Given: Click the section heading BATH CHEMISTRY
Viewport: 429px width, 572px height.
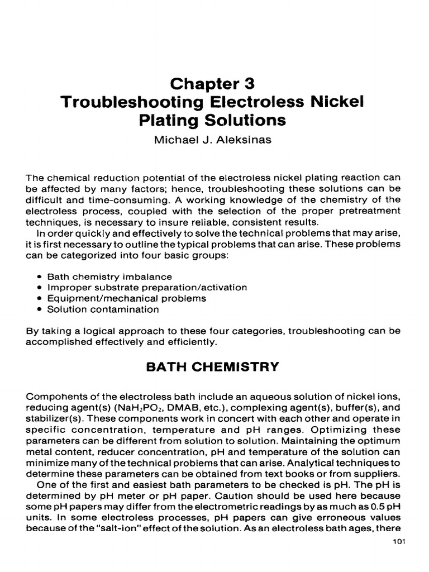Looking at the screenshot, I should [212, 367].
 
